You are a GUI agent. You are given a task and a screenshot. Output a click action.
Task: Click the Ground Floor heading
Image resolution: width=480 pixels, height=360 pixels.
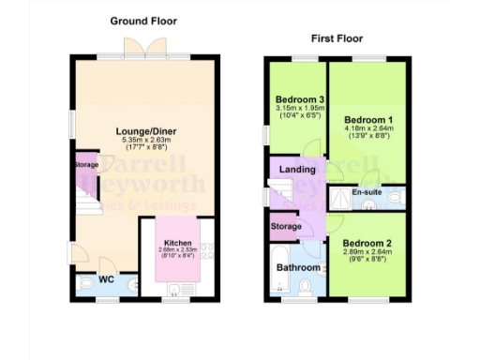[x=143, y=21]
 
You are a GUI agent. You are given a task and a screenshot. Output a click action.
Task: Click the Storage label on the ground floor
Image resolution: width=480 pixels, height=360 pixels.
[x=86, y=165]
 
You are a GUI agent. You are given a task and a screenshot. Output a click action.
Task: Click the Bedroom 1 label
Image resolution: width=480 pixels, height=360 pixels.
[x=367, y=120]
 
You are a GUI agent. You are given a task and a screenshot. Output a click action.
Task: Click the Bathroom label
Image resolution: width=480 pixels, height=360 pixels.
[x=298, y=267]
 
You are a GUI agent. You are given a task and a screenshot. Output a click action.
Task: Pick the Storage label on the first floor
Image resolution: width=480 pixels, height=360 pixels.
[x=287, y=226]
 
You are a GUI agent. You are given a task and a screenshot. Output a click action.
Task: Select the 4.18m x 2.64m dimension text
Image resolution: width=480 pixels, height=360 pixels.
[x=367, y=129]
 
